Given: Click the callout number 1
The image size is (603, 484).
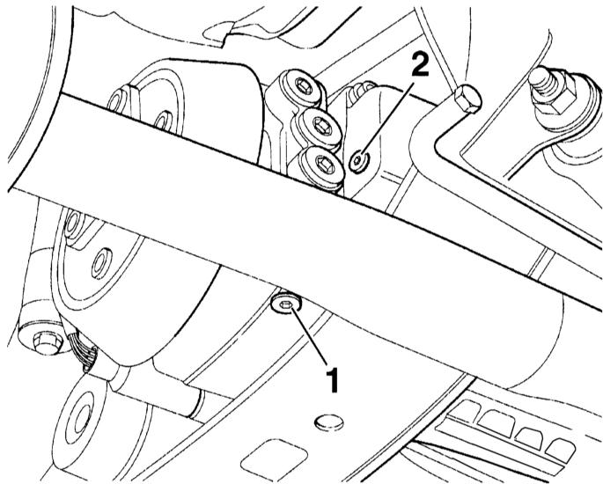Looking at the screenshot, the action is (332, 380).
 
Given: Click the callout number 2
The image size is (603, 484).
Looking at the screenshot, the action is (420, 64).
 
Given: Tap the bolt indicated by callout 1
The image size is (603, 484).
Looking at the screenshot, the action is (286, 304).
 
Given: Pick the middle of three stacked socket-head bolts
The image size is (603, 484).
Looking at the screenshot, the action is (320, 126).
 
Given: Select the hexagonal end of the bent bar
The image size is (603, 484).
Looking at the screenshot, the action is (467, 99).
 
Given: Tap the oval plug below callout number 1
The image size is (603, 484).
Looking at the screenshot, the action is (329, 422).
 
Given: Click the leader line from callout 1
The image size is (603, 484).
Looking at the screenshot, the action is (310, 335).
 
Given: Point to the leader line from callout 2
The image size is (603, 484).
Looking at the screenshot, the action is (386, 120).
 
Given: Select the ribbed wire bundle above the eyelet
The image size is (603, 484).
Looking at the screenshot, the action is (82, 348).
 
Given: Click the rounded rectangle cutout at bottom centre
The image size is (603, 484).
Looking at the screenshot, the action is (274, 459).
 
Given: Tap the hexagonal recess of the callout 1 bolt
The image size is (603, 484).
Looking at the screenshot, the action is (285, 304).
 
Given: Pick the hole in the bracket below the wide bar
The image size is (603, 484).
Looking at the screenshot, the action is (100, 263).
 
